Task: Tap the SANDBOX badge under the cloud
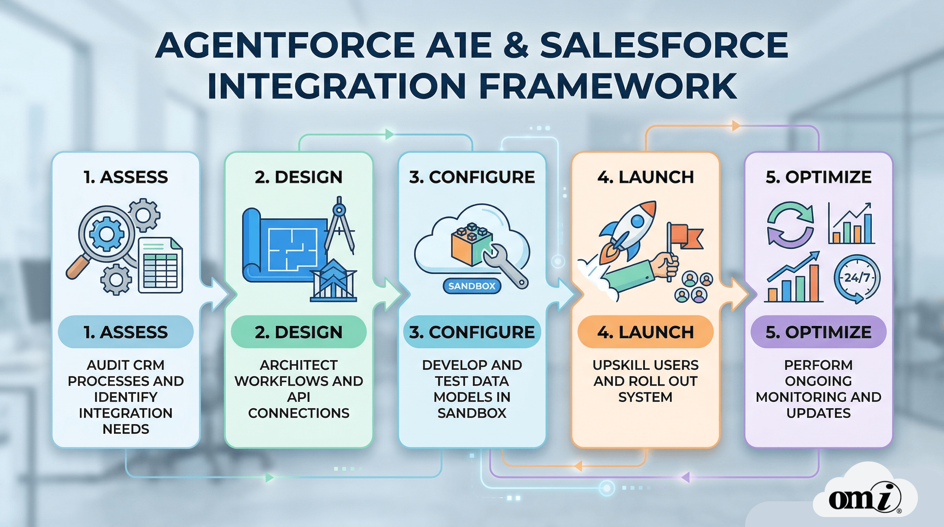click(472, 286)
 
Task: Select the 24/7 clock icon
click(857, 279)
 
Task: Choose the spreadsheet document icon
click(161, 266)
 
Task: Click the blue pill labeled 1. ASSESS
click(126, 332)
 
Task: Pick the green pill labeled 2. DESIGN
click(299, 332)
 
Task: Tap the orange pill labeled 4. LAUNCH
click(645, 332)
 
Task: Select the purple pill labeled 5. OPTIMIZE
click(818, 332)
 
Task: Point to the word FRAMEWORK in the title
click(608, 86)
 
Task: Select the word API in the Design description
click(299, 397)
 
